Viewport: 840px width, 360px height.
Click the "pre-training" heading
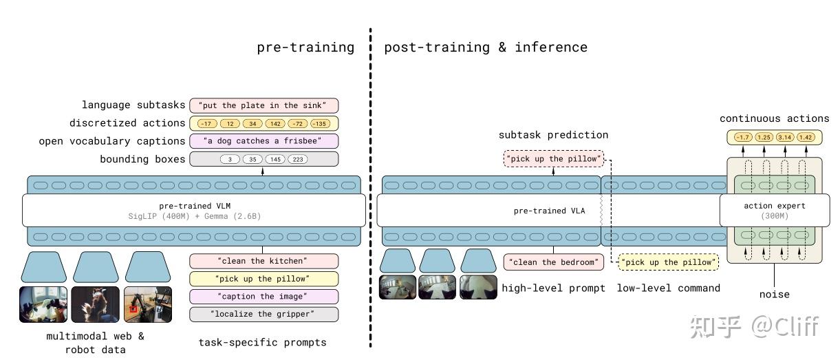point(305,47)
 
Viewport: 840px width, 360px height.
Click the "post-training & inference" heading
point(486,47)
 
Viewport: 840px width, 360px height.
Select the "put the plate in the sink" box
point(263,105)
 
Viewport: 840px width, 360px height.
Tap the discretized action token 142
point(277,123)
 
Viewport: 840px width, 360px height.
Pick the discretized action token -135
point(320,123)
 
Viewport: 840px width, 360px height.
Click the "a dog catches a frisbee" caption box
point(263,141)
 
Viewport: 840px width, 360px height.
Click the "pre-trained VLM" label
point(195,206)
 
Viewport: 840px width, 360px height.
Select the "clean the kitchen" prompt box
point(263,262)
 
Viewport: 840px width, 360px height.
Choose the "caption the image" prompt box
point(263,297)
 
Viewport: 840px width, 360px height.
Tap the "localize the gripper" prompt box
point(263,315)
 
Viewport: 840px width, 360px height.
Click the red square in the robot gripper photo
point(134,308)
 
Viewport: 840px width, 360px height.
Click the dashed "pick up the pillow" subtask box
point(554,159)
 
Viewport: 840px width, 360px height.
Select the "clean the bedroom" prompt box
point(554,262)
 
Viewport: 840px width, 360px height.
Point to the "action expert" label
point(774,206)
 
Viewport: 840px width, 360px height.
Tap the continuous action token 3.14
point(785,138)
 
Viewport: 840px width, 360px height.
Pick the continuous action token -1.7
point(742,138)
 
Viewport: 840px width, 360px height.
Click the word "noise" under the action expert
point(775,295)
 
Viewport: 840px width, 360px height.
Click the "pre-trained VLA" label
point(549,211)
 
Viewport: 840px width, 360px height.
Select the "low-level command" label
point(668,288)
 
